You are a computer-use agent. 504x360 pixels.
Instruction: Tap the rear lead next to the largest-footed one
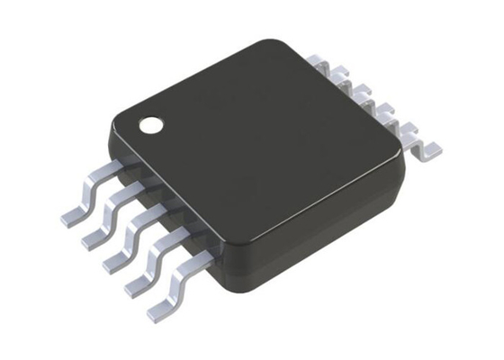pos(396,119)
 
